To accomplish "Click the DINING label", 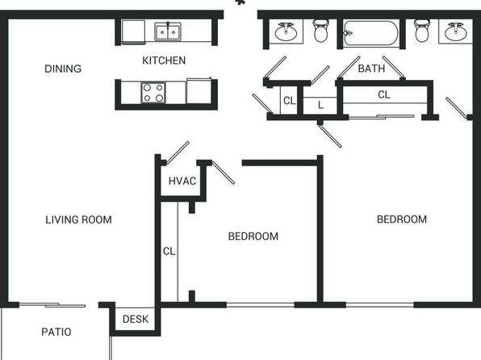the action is coord(63,69).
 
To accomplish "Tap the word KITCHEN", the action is coord(164,61).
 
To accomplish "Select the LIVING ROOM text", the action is coord(78,220).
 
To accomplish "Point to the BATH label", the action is coord(371,68).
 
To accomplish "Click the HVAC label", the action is coord(182,181).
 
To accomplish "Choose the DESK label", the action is coord(136,319).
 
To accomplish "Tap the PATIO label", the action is coord(56,332).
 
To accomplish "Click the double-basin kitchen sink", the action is coord(168,31).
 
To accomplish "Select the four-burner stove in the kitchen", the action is coord(153,92).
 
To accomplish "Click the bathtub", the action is coord(370,33).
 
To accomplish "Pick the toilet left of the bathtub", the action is coord(321,31).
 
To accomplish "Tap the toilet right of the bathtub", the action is coord(422,31).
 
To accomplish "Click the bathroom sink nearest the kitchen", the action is coord(286,31).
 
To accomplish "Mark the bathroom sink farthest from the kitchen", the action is coord(455,31).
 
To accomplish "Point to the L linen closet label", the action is coord(320,105).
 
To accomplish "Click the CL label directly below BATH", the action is coord(384,94).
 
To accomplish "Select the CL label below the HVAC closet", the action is coord(169,251).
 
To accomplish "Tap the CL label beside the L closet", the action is coord(289,101).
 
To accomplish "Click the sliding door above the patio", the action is coord(52,305).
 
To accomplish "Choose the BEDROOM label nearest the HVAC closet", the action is coord(253,237).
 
